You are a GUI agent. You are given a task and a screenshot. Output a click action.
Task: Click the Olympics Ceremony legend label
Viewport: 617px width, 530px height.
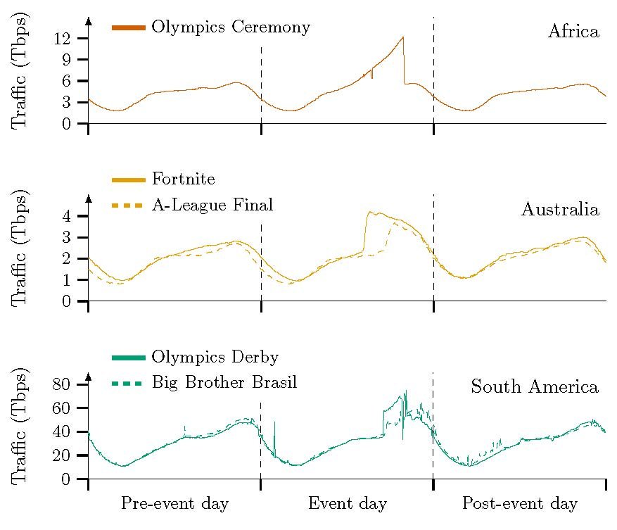pos(231,27)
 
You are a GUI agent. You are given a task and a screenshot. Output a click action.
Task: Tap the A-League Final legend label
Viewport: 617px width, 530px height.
pos(212,206)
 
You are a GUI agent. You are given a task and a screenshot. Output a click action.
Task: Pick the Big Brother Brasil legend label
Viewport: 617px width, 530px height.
pos(224,383)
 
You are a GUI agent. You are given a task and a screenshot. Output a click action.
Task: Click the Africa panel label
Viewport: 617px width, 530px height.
pos(573,32)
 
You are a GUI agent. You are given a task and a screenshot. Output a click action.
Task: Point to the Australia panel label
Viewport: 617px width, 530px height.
pos(560,210)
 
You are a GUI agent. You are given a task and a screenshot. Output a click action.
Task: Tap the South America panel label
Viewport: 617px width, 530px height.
pos(535,387)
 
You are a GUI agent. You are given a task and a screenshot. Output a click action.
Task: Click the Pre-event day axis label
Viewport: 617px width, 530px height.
pos(174,504)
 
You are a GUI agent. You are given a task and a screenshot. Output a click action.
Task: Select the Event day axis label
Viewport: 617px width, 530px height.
pos(348,504)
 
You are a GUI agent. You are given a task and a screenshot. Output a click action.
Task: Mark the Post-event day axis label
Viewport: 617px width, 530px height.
pos(519,504)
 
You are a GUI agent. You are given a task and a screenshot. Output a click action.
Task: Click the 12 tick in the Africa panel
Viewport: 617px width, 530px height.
pos(62,39)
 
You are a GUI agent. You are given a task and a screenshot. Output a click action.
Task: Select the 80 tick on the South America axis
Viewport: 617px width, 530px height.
pos(62,384)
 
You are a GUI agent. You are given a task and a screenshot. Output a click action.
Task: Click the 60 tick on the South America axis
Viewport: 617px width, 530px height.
pos(62,408)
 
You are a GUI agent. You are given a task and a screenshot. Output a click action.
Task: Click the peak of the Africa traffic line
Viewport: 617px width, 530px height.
pos(402,37)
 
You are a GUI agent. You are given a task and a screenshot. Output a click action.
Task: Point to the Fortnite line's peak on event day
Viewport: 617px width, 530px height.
pos(369,211)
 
